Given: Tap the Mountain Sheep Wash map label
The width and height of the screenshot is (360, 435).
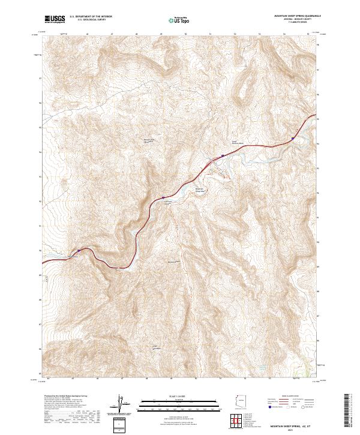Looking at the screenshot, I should [201, 191].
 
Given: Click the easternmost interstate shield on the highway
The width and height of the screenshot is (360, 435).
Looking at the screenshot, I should [293, 139].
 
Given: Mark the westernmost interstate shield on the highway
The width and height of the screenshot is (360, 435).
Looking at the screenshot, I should [78, 251].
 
